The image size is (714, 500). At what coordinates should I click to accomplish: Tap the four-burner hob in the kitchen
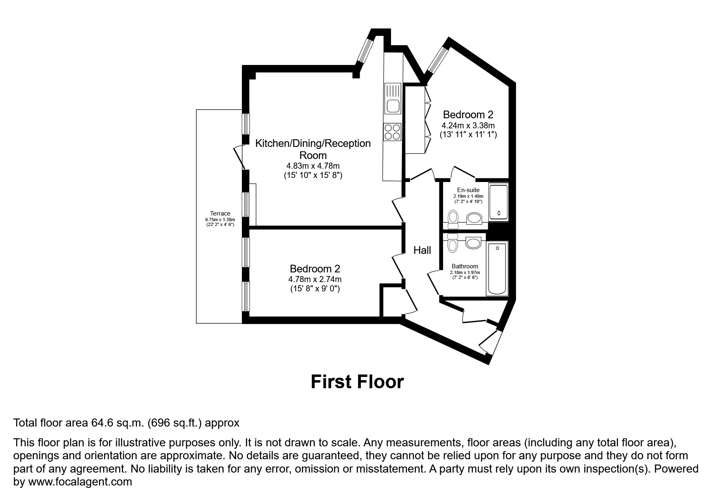pyautogui.click(x=393, y=132)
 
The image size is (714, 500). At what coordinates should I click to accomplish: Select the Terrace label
pyautogui.click(x=220, y=213)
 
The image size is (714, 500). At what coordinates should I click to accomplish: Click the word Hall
pyautogui.click(x=422, y=250)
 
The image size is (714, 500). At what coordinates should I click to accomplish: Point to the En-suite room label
pyautogui.click(x=468, y=190)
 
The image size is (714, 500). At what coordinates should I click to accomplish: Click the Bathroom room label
pyautogui.click(x=465, y=266)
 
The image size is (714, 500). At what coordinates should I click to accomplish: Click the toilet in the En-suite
pyautogui.click(x=453, y=218)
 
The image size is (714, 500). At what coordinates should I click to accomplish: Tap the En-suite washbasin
pyautogui.click(x=475, y=219)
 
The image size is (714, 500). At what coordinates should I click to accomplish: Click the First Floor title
pyautogui.click(x=357, y=382)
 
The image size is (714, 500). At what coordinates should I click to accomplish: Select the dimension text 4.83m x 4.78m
pyautogui.click(x=313, y=166)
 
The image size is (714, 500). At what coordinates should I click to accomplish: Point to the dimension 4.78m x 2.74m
pyautogui.click(x=315, y=279)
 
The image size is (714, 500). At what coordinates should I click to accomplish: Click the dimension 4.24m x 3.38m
pyautogui.click(x=468, y=125)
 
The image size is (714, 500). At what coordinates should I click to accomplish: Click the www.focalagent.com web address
pyautogui.click(x=79, y=482)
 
